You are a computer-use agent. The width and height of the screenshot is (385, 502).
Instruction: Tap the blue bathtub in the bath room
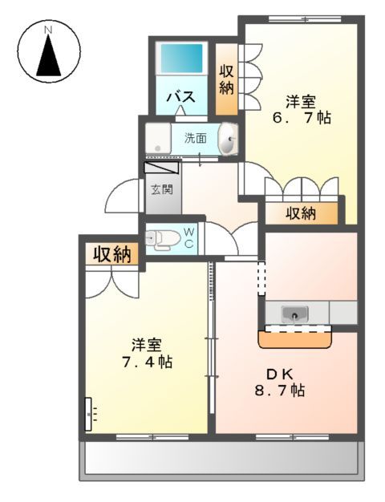tap(181, 59)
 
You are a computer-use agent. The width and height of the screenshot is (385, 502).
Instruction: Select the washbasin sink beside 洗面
tap(229, 140)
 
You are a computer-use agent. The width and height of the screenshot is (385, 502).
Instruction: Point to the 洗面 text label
tap(196, 137)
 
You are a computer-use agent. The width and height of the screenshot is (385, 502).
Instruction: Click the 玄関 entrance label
tap(161, 190)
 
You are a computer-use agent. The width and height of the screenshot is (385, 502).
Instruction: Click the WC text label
tap(189, 238)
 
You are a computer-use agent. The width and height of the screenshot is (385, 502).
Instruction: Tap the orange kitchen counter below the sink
tap(295, 340)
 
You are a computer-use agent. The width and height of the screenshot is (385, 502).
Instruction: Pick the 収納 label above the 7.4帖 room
tap(112, 254)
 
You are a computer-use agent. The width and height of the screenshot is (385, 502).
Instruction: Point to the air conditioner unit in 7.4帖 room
tap(89, 415)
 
